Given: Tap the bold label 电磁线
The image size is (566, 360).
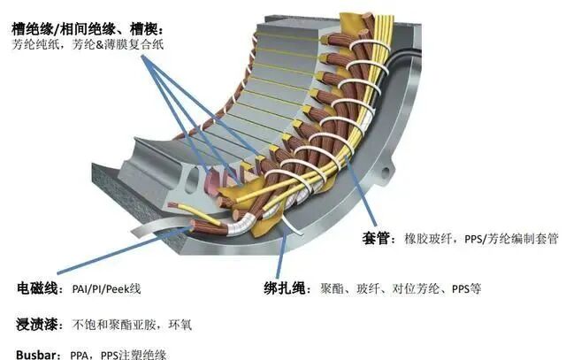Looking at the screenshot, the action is click(36, 288).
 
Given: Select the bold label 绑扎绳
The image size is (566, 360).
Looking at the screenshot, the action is click(287, 288).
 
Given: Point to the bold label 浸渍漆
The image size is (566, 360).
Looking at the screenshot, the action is click(36, 324).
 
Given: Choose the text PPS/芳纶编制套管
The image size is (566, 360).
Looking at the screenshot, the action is click(512, 239).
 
